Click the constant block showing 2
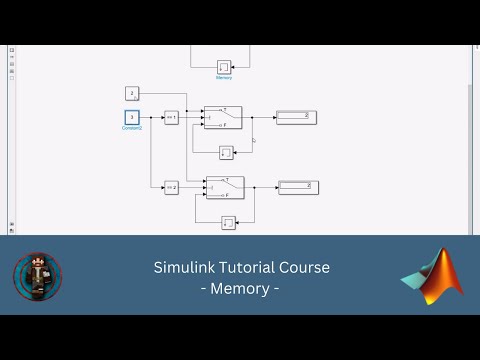click(131, 93)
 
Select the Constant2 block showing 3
click(131, 117)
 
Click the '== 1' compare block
click(171, 117)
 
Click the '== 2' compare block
click(171, 186)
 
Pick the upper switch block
click(223, 117)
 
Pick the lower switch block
click(225, 186)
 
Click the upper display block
click(297, 117)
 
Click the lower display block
click(299, 186)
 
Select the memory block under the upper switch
click(226, 152)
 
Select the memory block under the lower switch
click(228, 221)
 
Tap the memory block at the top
click(224, 67)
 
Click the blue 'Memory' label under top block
click(224, 77)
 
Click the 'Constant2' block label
click(131, 128)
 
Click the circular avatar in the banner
click(37, 277)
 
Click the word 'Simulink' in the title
click(181, 268)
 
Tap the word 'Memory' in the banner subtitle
click(241, 289)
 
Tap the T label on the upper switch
click(226, 109)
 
